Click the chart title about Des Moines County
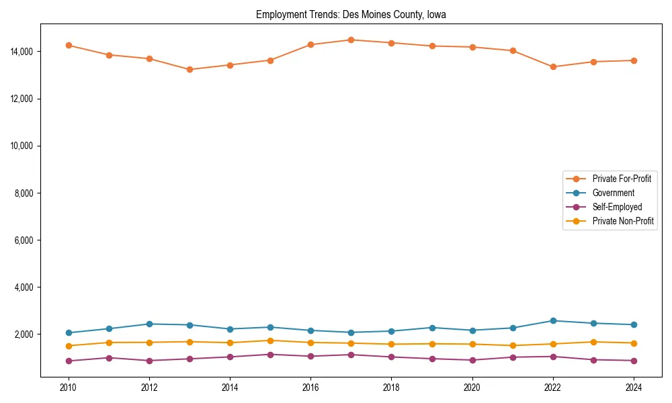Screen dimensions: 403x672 [x=351, y=15]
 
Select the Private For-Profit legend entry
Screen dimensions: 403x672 [x=622, y=179]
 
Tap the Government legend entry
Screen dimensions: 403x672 [x=613, y=193]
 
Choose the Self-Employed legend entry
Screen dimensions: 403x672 [x=617, y=207]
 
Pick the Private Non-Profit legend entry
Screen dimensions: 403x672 [x=623, y=221]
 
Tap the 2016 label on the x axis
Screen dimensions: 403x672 [x=310, y=388]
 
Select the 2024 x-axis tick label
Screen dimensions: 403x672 [x=634, y=388]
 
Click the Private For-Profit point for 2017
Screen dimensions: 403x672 [x=351, y=40]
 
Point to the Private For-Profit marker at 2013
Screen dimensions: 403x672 [x=190, y=69]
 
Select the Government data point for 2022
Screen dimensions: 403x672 [x=553, y=321]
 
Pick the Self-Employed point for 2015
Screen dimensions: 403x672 [x=270, y=355]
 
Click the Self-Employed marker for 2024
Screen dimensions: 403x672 [x=634, y=361]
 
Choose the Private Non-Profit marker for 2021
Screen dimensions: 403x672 [x=513, y=346]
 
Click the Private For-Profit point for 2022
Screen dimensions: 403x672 [x=553, y=66]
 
